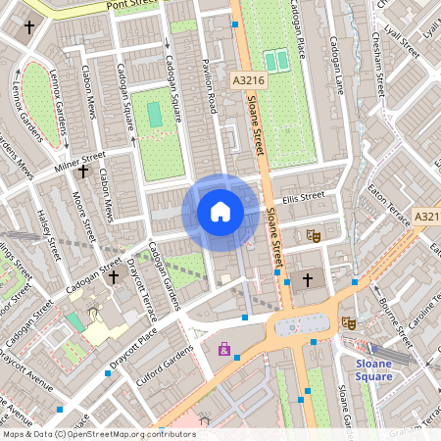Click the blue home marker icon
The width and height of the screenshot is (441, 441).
point(220,212)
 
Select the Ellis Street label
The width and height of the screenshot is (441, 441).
point(302,197)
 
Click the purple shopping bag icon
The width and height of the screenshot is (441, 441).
point(224,349)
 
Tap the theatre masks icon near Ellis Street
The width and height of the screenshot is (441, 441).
point(314,235)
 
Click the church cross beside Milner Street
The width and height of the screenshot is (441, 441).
point(82,172)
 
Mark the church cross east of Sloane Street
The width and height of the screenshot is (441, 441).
point(308,280)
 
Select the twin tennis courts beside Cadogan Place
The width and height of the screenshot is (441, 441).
point(277,61)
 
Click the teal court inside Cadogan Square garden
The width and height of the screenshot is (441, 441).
point(155,114)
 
